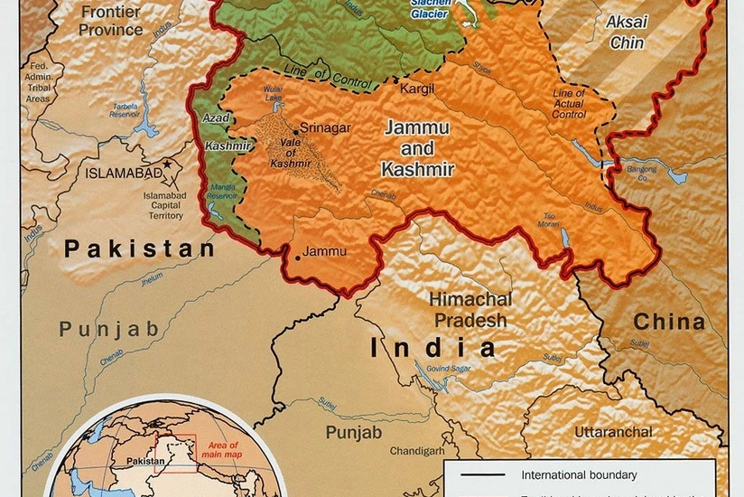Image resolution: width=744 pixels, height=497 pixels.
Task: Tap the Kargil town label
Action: tap(415, 89)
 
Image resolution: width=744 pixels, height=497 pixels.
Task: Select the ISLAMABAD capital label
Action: tap(123, 172)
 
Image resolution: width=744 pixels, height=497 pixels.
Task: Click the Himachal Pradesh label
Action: tap(470, 309)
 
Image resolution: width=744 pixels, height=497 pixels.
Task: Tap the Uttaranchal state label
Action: tap(613, 432)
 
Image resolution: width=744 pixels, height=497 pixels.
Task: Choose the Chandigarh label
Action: tap(416, 450)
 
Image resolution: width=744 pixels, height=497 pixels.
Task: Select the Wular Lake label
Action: tap(274, 94)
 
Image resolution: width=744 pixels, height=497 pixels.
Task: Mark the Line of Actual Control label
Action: tap(568, 102)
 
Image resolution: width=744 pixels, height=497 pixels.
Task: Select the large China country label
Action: tap(668, 322)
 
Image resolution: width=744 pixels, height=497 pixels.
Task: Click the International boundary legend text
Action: tap(579, 474)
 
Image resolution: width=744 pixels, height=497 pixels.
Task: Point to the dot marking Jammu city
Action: tap(297, 258)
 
